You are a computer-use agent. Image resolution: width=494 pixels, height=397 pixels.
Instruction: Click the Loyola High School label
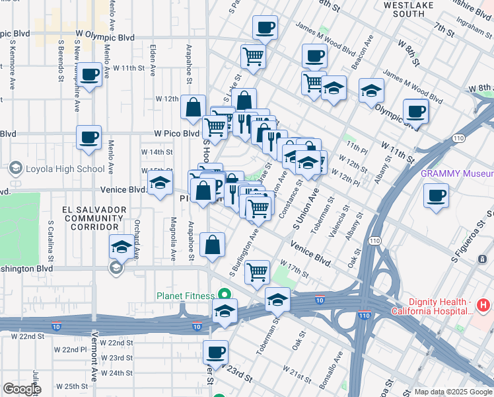[65, 169]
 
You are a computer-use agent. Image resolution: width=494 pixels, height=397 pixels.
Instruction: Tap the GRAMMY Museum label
[456, 174]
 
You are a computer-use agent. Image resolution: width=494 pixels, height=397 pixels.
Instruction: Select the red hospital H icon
[483, 306]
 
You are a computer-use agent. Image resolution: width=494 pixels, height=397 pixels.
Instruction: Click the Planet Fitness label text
[185, 296]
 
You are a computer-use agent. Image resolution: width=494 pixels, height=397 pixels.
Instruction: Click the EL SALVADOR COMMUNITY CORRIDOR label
[94, 218]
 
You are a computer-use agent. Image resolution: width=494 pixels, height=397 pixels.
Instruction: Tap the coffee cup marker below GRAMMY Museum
[435, 197]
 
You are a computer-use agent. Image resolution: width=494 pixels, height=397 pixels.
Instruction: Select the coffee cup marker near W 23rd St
[215, 353]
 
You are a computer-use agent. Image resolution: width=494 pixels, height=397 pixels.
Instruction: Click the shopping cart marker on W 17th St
[257, 271]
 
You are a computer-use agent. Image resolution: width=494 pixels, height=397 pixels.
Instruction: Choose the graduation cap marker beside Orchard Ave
[121, 247]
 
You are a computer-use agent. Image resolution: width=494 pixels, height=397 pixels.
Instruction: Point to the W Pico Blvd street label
[176, 133]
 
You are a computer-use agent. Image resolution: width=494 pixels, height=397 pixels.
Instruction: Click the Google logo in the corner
[21, 389]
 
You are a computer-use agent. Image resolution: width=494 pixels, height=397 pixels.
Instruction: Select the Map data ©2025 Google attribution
[452, 392]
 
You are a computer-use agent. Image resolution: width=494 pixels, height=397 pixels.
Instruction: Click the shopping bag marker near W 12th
[193, 109]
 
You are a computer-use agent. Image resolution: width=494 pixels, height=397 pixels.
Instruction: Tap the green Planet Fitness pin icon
[225, 295]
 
